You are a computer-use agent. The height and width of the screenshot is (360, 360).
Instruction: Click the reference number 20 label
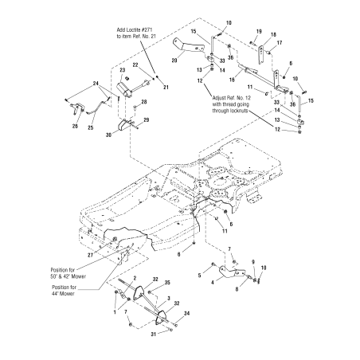[x=175, y=60]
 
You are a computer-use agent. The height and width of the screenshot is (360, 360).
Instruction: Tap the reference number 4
[x=211, y=282]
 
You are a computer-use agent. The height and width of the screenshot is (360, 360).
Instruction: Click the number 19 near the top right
[x=259, y=31]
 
